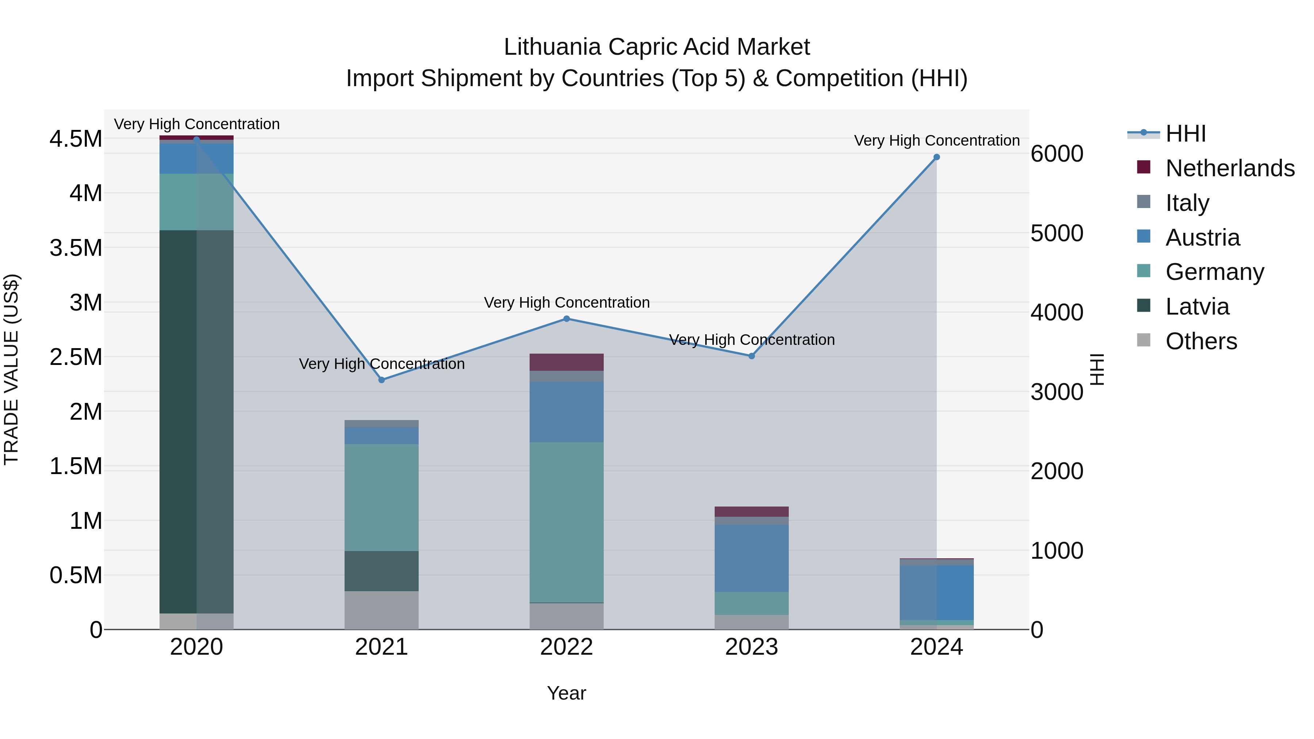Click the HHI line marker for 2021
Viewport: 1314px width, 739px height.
pos(381,380)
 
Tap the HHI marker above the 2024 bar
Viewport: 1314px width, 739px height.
pos(937,157)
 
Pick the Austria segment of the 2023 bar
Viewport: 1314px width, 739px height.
pos(752,558)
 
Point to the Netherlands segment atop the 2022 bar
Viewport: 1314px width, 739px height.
pos(566,362)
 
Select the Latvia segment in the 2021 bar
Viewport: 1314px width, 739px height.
pos(381,571)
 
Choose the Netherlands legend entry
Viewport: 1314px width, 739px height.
pos(1229,168)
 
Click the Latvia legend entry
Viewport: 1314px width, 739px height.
pos(1197,307)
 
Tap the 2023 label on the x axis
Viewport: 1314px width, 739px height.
pos(752,647)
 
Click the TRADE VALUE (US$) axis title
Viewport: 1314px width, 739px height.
pos(12,369)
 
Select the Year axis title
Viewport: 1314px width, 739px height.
pos(566,693)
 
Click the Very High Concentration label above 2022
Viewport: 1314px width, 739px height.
pos(566,303)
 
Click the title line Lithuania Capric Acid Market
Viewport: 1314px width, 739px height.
pos(657,47)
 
